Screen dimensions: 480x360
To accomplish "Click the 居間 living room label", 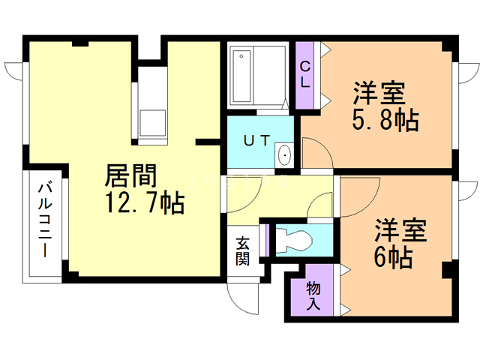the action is coord(130,175).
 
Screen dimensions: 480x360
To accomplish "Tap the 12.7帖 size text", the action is coord(145,202).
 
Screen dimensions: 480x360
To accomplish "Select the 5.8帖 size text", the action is coord(385,120).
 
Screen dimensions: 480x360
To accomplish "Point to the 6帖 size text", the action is coord(393,257).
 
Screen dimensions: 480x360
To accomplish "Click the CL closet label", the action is coord(305,74).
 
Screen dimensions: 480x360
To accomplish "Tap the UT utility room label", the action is coord(256,140).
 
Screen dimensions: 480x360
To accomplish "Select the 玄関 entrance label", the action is coord(243,251).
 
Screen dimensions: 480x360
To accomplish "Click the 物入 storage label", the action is coord(313,296).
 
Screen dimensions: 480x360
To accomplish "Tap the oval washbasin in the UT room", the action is coord(285,155).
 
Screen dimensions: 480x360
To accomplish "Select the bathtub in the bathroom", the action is coord(241,76).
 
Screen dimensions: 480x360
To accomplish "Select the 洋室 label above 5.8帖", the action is coord(379,93).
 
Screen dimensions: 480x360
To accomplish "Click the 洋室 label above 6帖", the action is coord(400,230).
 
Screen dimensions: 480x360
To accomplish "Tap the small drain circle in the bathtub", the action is coord(241,56).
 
